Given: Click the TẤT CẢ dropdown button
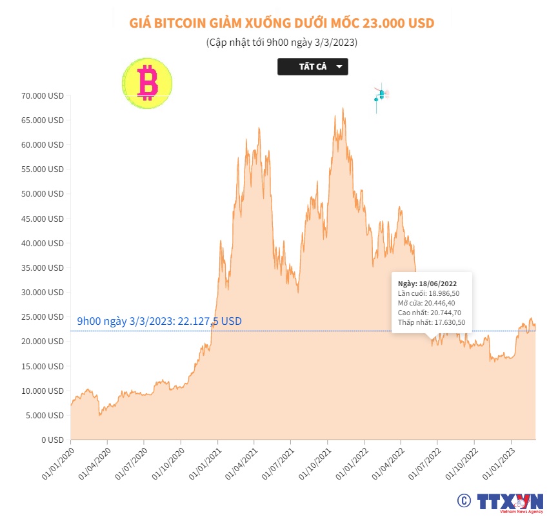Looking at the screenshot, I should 313,67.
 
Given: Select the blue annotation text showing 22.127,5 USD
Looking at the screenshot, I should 159,321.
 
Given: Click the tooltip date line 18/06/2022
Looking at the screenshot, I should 428,283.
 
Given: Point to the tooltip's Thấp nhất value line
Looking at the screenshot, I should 432,322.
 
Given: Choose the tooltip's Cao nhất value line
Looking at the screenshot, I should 430,313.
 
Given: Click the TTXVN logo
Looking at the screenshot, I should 510,502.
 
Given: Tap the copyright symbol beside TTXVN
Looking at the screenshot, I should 464,501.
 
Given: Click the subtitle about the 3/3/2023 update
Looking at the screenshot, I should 282,43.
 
